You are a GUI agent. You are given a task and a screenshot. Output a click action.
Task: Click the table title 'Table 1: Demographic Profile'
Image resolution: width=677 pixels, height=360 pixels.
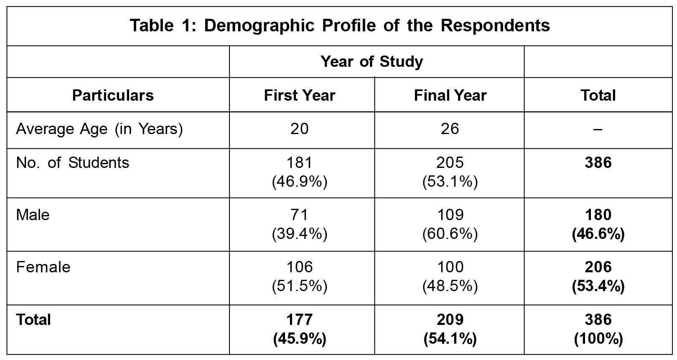pyautogui.click(x=339, y=26)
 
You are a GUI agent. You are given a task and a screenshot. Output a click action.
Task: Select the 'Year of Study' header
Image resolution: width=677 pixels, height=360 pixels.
pyautogui.click(x=372, y=62)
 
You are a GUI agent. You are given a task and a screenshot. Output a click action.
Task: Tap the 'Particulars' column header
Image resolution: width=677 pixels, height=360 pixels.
pyautogui.click(x=113, y=95)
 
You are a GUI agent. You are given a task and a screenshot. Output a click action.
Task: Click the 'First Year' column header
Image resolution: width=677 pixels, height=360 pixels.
pyautogui.click(x=300, y=95)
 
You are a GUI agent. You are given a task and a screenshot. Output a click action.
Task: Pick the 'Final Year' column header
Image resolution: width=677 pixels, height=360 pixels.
pyautogui.click(x=450, y=95)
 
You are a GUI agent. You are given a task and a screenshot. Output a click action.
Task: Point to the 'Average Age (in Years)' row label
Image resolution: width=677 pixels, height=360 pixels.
pyautogui.click(x=99, y=129)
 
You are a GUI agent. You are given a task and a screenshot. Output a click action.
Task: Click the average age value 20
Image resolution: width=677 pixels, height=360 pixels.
pyautogui.click(x=300, y=129)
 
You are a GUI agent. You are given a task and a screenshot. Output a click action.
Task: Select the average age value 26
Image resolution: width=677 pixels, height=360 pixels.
pyautogui.click(x=450, y=129)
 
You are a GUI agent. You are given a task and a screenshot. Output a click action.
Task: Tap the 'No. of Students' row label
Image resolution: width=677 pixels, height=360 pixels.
pyautogui.click(x=73, y=162)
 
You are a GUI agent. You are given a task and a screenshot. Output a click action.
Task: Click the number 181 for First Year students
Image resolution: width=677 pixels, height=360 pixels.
pyautogui.click(x=300, y=162)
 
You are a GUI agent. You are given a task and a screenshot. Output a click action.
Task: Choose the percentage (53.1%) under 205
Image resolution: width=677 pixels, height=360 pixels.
pyautogui.click(x=450, y=182)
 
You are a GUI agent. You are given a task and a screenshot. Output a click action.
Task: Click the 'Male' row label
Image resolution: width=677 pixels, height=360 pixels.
pyautogui.click(x=33, y=215)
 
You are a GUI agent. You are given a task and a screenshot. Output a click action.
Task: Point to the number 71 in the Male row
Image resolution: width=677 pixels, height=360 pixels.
pyautogui.click(x=300, y=215)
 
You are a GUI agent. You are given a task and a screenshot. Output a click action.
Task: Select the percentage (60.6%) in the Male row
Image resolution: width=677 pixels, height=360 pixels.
pyautogui.click(x=450, y=234)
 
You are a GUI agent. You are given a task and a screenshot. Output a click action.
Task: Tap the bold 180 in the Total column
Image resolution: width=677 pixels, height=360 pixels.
pyautogui.click(x=598, y=215)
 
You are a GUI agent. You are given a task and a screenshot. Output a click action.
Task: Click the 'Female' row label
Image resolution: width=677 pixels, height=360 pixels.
pyautogui.click(x=43, y=267)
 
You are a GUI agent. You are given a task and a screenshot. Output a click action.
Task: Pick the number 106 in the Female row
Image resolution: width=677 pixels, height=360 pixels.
pyautogui.click(x=300, y=267)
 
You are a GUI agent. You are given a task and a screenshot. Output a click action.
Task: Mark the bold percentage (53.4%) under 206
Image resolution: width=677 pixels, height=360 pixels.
pyautogui.click(x=598, y=286)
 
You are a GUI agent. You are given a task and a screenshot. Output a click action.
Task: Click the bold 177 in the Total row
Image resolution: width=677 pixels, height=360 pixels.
pyautogui.click(x=300, y=320)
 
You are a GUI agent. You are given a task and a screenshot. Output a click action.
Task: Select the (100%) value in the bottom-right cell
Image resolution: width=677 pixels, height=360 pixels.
pyautogui.click(x=598, y=339)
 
